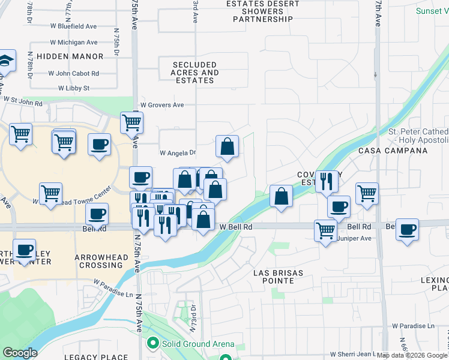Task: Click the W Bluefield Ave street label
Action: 74,27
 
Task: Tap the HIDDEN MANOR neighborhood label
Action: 70,56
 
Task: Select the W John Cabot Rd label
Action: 77,73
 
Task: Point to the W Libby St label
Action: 74,88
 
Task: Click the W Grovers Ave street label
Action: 161,105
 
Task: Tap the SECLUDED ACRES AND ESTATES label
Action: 195,73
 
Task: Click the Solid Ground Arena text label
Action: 198,344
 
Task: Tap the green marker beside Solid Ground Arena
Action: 152,344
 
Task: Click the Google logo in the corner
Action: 19,353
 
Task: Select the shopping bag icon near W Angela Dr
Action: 228,146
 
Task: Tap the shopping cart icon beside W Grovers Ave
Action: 131,123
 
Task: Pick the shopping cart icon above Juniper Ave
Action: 325,230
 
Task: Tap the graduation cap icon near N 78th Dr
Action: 5,61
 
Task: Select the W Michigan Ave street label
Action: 74,43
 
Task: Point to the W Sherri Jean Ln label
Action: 352,354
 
